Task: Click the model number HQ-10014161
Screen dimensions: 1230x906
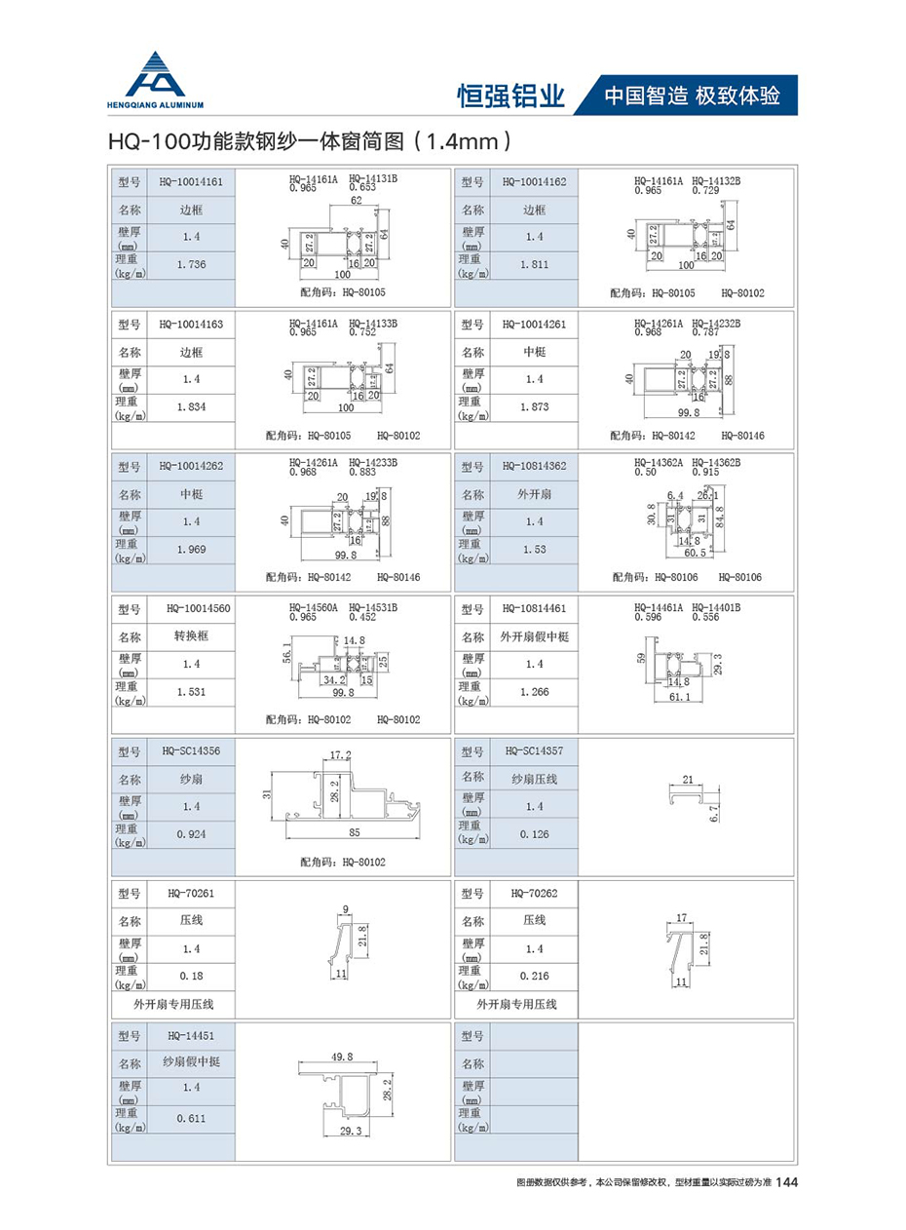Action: (x=191, y=182)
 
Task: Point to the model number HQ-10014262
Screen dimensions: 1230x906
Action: (x=191, y=466)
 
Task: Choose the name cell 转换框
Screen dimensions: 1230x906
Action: (x=191, y=636)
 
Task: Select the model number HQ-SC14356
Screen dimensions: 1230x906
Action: (x=191, y=751)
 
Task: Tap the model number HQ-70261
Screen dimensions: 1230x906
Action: (x=191, y=893)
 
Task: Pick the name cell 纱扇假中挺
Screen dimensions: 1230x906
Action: (x=191, y=1062)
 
